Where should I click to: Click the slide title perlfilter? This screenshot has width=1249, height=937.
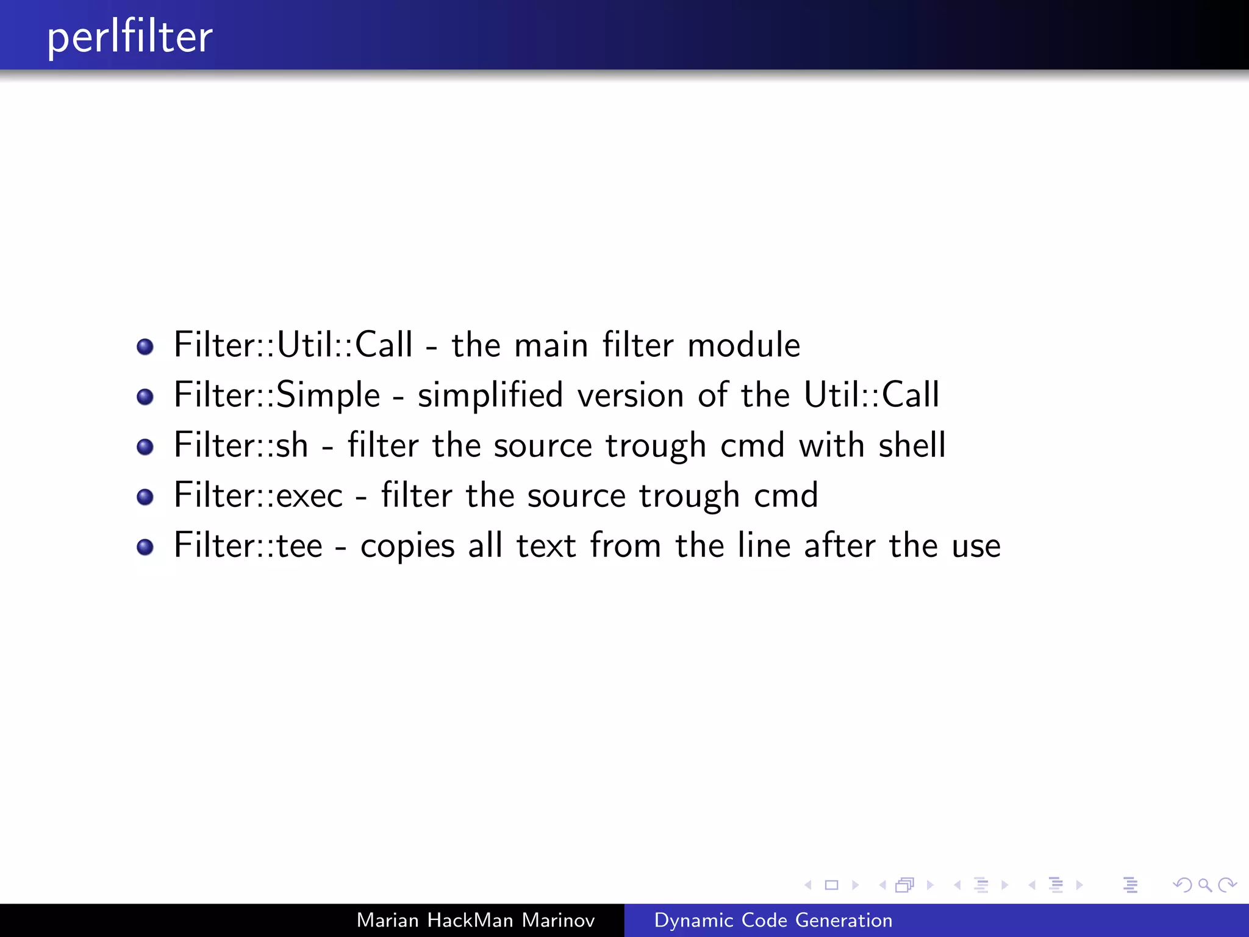[x=130, y=38]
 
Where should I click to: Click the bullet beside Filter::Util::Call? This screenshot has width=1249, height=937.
[x=145, y=347]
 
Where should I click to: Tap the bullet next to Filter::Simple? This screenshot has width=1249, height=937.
[x=145, y=397]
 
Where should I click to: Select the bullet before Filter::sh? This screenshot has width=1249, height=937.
[x=145, y=447]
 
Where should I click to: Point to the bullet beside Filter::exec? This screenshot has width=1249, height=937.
[x=145, y=497]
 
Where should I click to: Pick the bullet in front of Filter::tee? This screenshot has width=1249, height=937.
[x=145, y=547]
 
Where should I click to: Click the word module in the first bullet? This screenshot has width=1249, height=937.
[x=743, y=345]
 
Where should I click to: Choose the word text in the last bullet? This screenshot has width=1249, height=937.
[x=546, y=545]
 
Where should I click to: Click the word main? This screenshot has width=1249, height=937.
[x=551, y=345]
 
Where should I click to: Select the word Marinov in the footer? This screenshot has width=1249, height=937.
[x=558, y=920]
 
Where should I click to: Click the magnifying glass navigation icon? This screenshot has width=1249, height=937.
[x=1204, y=885]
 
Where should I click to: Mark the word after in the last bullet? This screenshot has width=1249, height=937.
[x=839, y=545]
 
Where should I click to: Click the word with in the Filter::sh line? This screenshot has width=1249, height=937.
[x=831, y=445]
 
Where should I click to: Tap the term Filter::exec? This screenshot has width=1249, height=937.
[x=259, y=495]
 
